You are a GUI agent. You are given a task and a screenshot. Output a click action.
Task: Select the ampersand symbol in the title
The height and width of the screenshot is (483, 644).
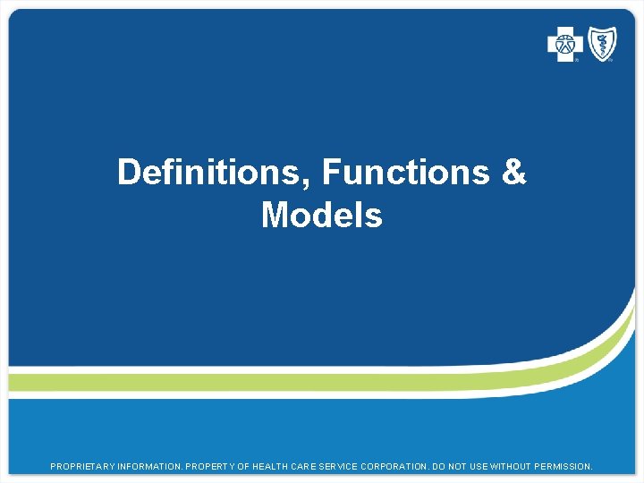tap(513, 172)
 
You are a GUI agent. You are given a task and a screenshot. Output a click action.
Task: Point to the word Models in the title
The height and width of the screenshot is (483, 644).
tap(321, 216)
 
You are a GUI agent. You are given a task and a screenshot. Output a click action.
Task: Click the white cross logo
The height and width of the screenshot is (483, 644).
tap(564, 44)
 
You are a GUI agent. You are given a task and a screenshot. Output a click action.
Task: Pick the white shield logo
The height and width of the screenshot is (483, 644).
tap(601, 44)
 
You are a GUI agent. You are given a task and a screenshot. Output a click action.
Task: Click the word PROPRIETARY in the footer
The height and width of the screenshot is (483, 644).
tap(82, 467)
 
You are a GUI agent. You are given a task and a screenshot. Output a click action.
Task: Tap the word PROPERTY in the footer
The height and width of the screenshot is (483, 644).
tap(217, 467)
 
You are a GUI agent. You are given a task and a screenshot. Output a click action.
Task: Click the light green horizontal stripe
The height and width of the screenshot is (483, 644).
tap(268, 383)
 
